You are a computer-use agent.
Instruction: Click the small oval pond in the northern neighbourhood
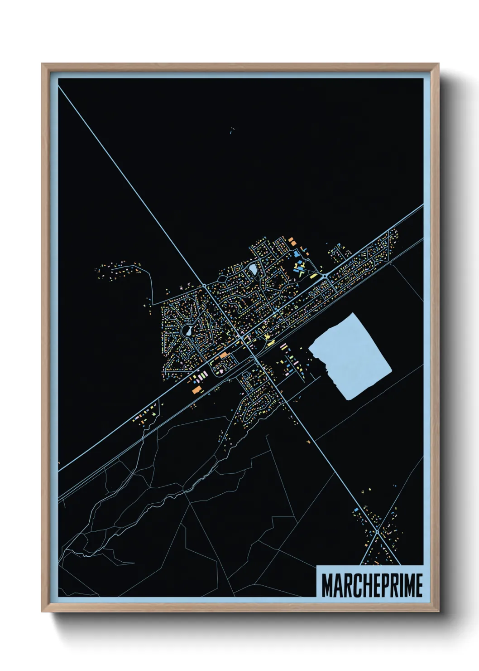253,270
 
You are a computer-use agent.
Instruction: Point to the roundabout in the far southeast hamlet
377,531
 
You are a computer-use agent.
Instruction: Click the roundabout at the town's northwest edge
205,285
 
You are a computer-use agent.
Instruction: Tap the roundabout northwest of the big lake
325,276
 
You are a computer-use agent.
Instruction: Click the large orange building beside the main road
196,389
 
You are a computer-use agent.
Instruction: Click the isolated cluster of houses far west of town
118,271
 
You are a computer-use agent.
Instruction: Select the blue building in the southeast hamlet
356,510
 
